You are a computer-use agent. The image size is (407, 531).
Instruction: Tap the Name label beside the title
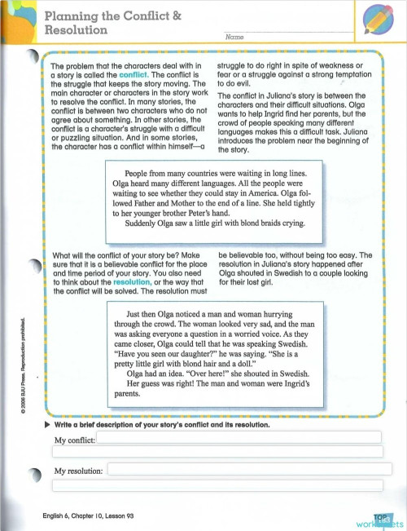pyautogui.click(x=234, y=38)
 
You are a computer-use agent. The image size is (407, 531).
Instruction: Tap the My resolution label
pyautogui.click(x=78, y=471)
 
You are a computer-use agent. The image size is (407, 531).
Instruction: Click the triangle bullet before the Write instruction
pyautogui.click(x=47, y=425)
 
